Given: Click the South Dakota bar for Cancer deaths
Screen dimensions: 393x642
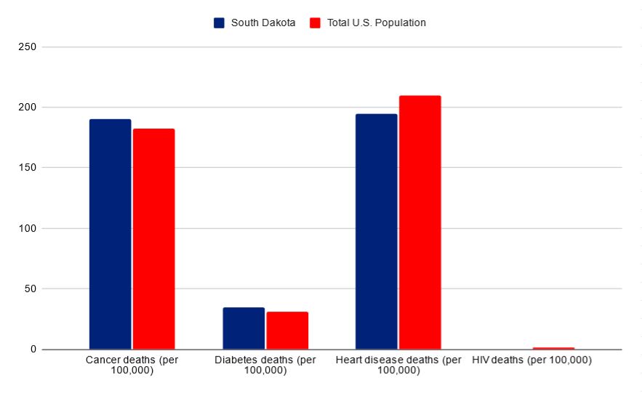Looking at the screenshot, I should (110, 234).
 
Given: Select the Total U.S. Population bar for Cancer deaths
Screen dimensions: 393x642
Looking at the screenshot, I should (153, 239).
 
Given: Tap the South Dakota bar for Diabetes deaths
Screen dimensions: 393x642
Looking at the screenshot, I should (244, 328).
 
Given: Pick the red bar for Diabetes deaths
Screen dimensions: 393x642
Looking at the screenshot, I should (287, 331).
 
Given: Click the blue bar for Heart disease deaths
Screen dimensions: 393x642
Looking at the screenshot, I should (376, 232).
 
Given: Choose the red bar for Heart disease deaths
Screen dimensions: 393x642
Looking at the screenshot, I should (420, 222).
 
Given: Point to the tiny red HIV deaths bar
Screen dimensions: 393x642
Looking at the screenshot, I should (553, 348).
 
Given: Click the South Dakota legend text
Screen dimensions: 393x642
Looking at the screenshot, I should (263, 23).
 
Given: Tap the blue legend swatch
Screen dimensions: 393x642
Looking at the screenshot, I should (219, 23).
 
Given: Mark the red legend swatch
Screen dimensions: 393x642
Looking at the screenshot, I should (315, 23).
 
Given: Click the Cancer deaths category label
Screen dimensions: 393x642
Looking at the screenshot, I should (132, 365).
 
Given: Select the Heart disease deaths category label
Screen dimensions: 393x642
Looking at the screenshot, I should (398, 365).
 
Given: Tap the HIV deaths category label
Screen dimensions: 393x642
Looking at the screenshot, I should (531, 360).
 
